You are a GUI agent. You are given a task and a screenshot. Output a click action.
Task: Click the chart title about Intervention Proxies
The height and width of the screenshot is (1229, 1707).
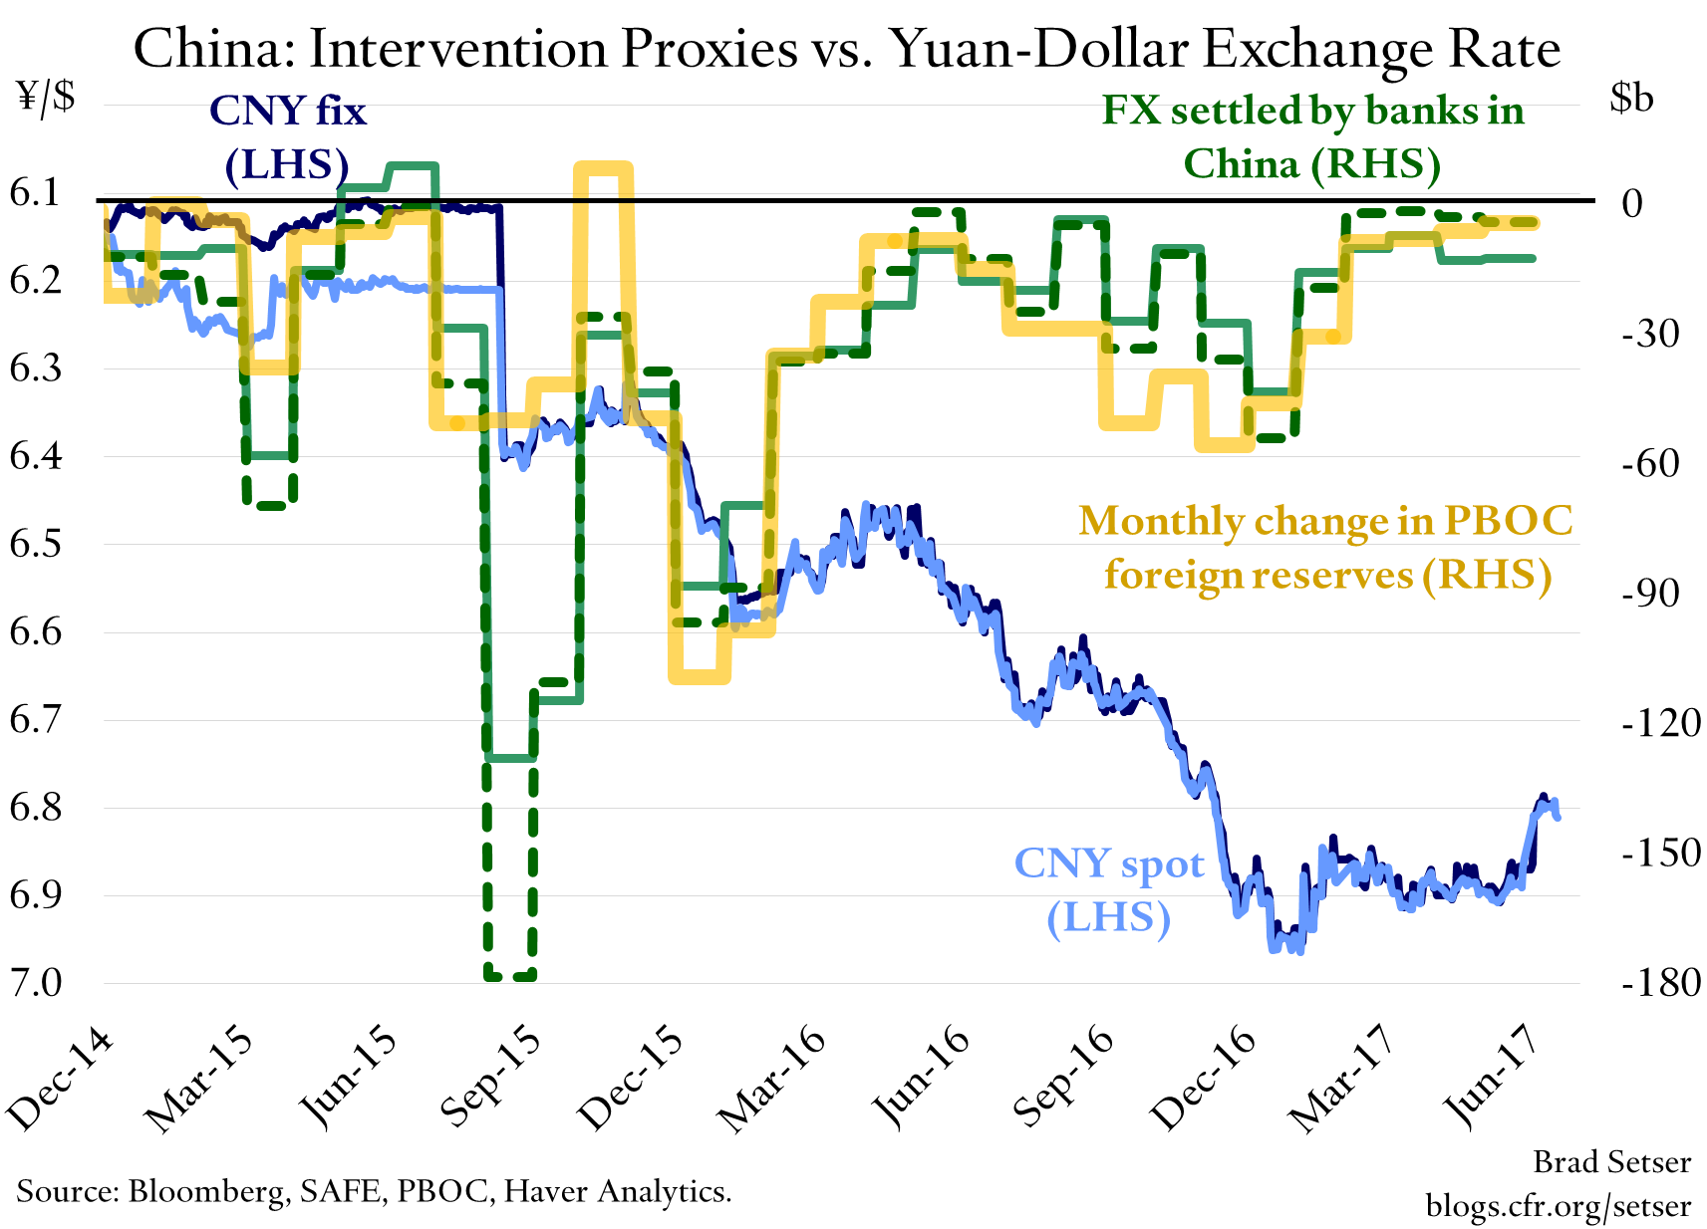pyautogui.click(x=846, y=48)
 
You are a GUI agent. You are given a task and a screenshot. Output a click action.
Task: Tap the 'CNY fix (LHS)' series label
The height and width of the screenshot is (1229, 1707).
pyautogui.click(x=288, y=137)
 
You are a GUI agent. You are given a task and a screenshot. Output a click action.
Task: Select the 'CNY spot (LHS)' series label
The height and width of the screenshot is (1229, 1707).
pyautogui.click(x=1108, y=889)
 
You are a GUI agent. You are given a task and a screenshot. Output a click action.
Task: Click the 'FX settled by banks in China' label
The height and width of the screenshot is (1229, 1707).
pyautogui.click(x=1312, y=137)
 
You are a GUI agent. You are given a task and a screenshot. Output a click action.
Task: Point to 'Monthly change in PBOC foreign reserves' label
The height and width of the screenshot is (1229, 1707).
pyautogui.click(x=1325, y=548)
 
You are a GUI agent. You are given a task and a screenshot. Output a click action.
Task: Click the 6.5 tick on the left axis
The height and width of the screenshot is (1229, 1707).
pyautogui.click(x=35, y=544)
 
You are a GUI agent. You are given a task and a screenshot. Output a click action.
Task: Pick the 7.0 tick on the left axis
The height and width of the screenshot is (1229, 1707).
pyautogui.click(x=35, y=982)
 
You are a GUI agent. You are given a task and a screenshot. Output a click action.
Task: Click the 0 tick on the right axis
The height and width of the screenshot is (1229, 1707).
pyautogui.click(x=1631, y=203)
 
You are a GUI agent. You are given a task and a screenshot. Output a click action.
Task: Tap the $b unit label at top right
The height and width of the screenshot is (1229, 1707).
pyautogui.click(x=1631, y=98)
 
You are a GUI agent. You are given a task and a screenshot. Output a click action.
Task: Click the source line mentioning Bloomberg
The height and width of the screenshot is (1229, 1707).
pyautogui.click(x=374, y=1190)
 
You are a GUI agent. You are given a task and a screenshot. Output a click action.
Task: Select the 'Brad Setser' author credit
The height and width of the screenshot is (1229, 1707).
pyautogui.click(x=1611, y=1161)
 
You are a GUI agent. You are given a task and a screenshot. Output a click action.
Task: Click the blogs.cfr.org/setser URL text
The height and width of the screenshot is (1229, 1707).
pyautogui.click(x=1558, y=1206)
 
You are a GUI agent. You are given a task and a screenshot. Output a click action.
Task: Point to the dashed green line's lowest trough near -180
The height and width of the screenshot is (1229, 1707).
pyautogui.click(x=510, y=976)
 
